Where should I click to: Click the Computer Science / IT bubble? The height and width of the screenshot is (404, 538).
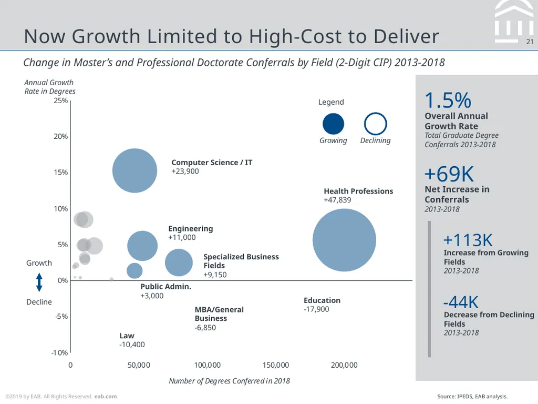point(134,170)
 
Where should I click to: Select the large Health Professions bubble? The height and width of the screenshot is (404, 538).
point(344,240)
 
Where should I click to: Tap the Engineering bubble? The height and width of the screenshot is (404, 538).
point(142,246)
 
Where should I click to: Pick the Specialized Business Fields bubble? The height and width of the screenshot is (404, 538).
point(179,262)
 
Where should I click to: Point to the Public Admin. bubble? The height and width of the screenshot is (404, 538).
point(134,271)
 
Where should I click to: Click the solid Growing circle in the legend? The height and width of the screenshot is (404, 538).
point(333,124)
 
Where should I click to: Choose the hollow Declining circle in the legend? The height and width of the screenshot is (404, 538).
point(375,124)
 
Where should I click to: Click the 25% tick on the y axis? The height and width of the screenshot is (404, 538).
point(61,100)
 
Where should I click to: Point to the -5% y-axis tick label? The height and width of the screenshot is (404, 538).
point(62,316)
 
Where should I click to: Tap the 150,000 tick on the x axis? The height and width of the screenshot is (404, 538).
point(275,365)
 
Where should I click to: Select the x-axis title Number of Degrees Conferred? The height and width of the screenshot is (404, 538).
point(229,381)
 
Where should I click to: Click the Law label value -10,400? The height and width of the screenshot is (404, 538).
point(132,345)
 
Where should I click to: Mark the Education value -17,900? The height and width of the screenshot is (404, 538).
point(316,309)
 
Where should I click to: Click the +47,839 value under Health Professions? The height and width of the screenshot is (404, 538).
point(337,200)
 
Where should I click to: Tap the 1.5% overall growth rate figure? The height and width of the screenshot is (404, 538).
point(448,100)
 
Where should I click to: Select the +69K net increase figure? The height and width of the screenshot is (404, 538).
point(449,174)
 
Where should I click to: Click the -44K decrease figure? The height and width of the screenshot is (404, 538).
point(461,302)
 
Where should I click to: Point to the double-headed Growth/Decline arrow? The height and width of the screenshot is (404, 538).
point(39,282)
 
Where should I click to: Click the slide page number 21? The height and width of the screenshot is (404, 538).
point(530,42)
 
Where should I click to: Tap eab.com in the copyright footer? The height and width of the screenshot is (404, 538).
point(105,397)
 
